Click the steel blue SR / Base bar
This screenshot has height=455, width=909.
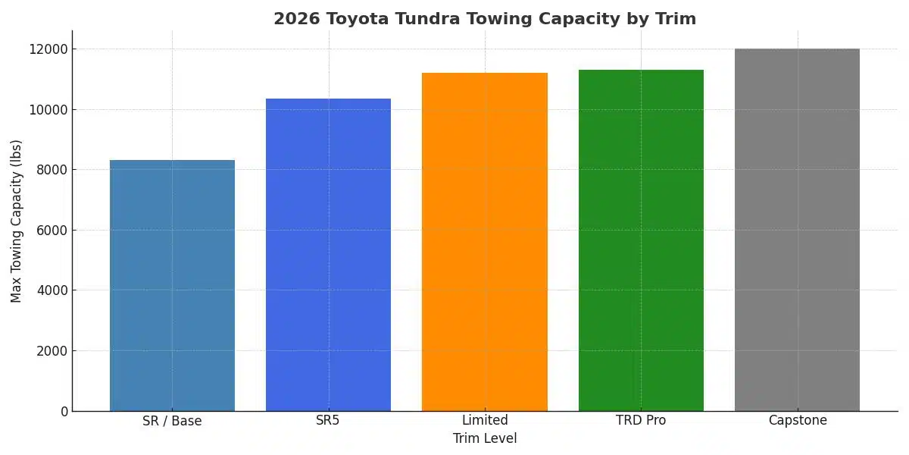coord(172,285)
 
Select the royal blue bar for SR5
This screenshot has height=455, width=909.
coord(328,255)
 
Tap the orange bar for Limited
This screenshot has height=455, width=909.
coord(485,242)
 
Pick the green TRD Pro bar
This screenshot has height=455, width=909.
coord(641,240)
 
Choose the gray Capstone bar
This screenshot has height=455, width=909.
coord(797,230)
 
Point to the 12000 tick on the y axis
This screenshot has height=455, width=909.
coord(48,49)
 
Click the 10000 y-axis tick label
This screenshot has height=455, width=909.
coord(48,110)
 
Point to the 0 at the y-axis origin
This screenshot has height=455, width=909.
coord(64,411)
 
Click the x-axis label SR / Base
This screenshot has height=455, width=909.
coord(172,421)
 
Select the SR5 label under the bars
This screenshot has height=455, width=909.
coord(328,421)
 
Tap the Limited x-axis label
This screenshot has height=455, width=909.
coord(485,421)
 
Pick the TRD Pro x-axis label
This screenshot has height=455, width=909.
coord(641,421)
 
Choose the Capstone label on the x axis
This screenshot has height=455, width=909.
coord(797,421)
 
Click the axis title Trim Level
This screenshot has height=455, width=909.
coord(485,439)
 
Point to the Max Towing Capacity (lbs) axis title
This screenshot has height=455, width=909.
coord(17,221)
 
